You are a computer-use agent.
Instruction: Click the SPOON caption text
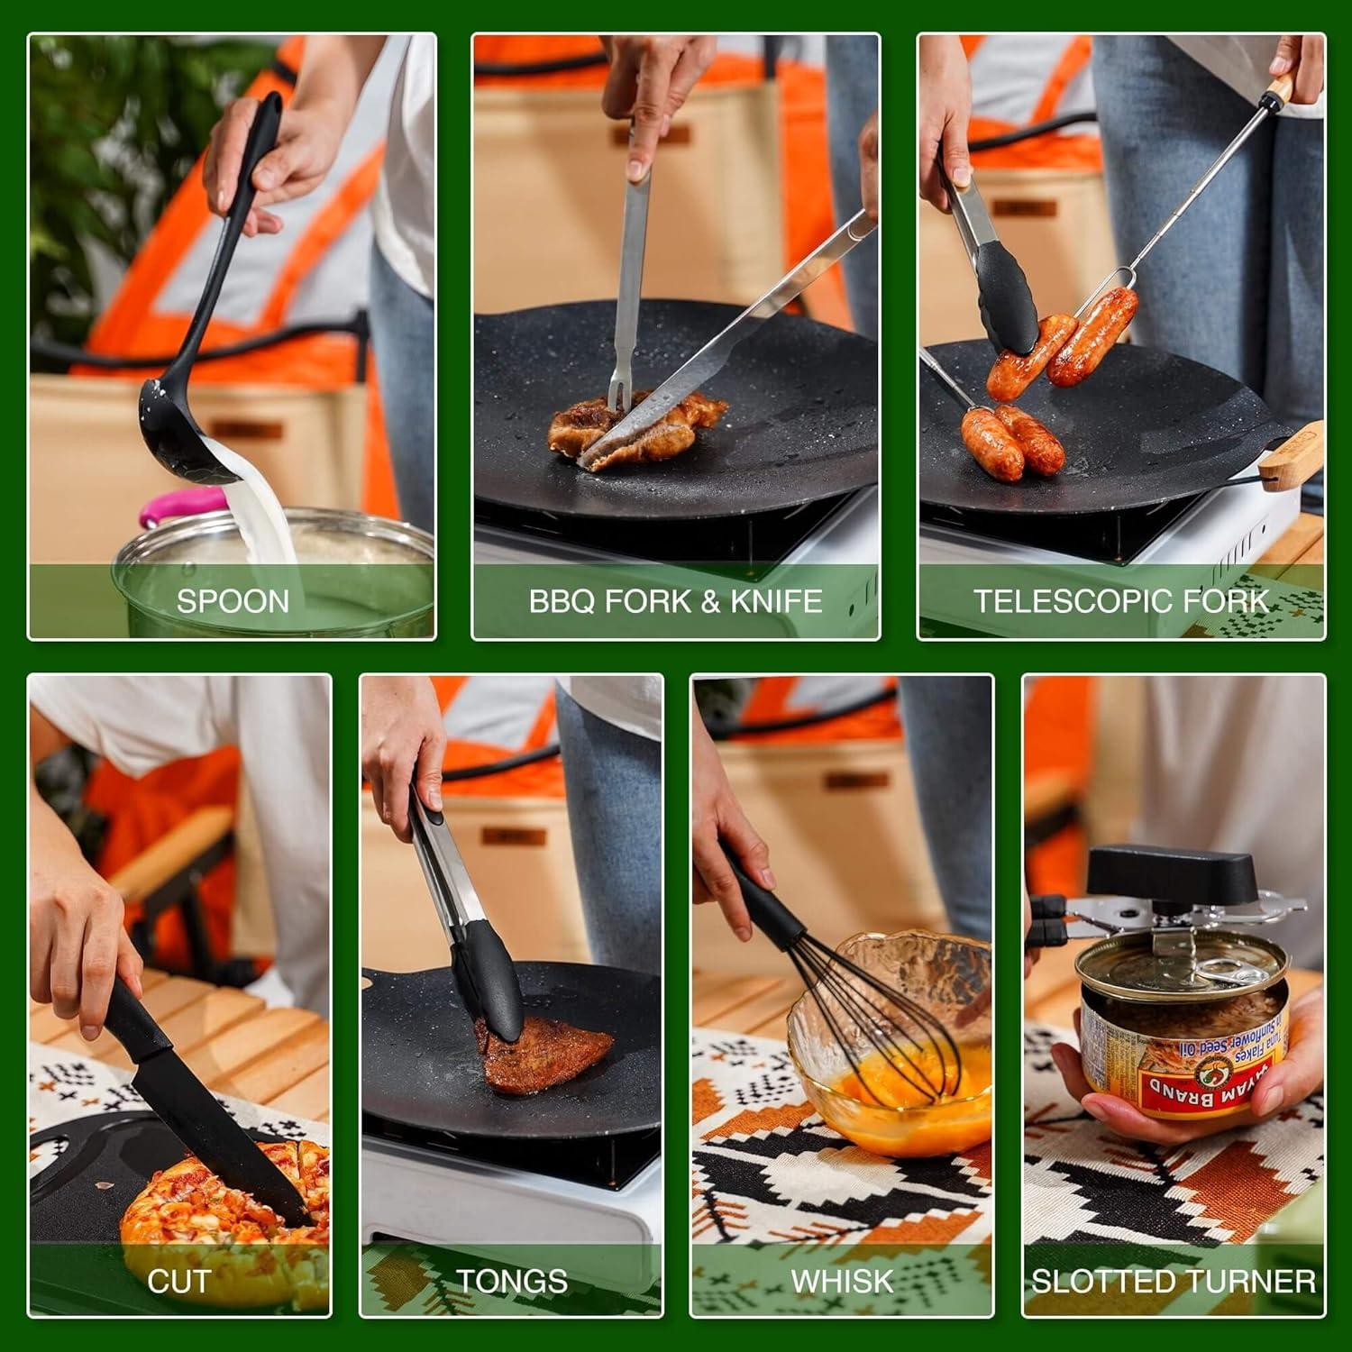tap(233, 601)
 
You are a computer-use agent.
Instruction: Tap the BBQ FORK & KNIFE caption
tap(675, 601)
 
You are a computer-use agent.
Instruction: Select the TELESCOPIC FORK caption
tap(1121, 601)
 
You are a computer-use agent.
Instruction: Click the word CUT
tap(178, 1281)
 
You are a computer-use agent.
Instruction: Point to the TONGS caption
tap(512, 1281)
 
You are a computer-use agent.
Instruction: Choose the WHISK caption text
tap(842, 1281)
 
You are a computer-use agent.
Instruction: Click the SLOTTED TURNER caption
tap(1174, 1281)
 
